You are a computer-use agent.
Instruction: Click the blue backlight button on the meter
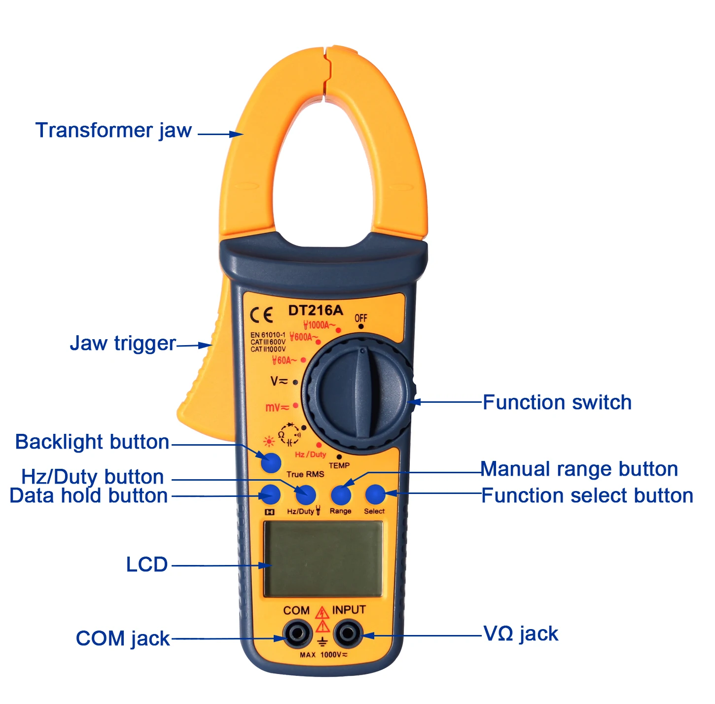click(271, 463)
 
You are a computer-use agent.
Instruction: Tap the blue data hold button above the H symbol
click(271, 494)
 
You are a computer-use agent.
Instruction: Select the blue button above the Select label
click(375, 494)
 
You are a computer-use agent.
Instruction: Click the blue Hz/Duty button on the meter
click(306, 494)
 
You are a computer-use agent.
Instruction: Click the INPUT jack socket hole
click(347, 633)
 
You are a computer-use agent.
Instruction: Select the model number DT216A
click(316, 310)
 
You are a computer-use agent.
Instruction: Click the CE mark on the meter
click(261, 315)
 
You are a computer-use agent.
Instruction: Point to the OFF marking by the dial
click(360, 318)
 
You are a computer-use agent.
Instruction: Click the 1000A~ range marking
click(319, 325)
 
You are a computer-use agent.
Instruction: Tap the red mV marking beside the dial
click(277, 408)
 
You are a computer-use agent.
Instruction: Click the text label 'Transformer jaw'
click(113, 131)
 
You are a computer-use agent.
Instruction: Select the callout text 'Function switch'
click(557, 402)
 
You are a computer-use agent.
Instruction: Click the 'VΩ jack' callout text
click(521, 634)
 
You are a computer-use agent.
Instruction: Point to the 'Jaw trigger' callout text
click(123, 344)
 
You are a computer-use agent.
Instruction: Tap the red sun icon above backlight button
click(269, 441)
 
